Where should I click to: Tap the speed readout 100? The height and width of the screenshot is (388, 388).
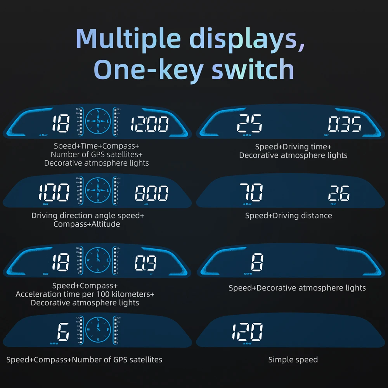coord(54,193)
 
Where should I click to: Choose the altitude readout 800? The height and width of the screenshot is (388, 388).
coord(152,193)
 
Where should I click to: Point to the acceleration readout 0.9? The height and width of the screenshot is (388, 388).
coord(145,263)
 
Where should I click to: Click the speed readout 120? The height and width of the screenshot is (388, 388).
coord(247,332)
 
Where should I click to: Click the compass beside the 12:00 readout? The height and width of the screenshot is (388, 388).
coord(98,121)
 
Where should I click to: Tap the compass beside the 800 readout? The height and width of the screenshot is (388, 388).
coord(98,190)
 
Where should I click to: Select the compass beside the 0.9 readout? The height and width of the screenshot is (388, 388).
coord(98,260)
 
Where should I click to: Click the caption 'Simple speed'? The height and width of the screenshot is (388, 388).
coord(293,360)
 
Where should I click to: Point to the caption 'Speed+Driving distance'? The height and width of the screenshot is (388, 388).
coord(288,216)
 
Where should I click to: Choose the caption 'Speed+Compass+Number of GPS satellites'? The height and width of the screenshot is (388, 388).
coord(84,360)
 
